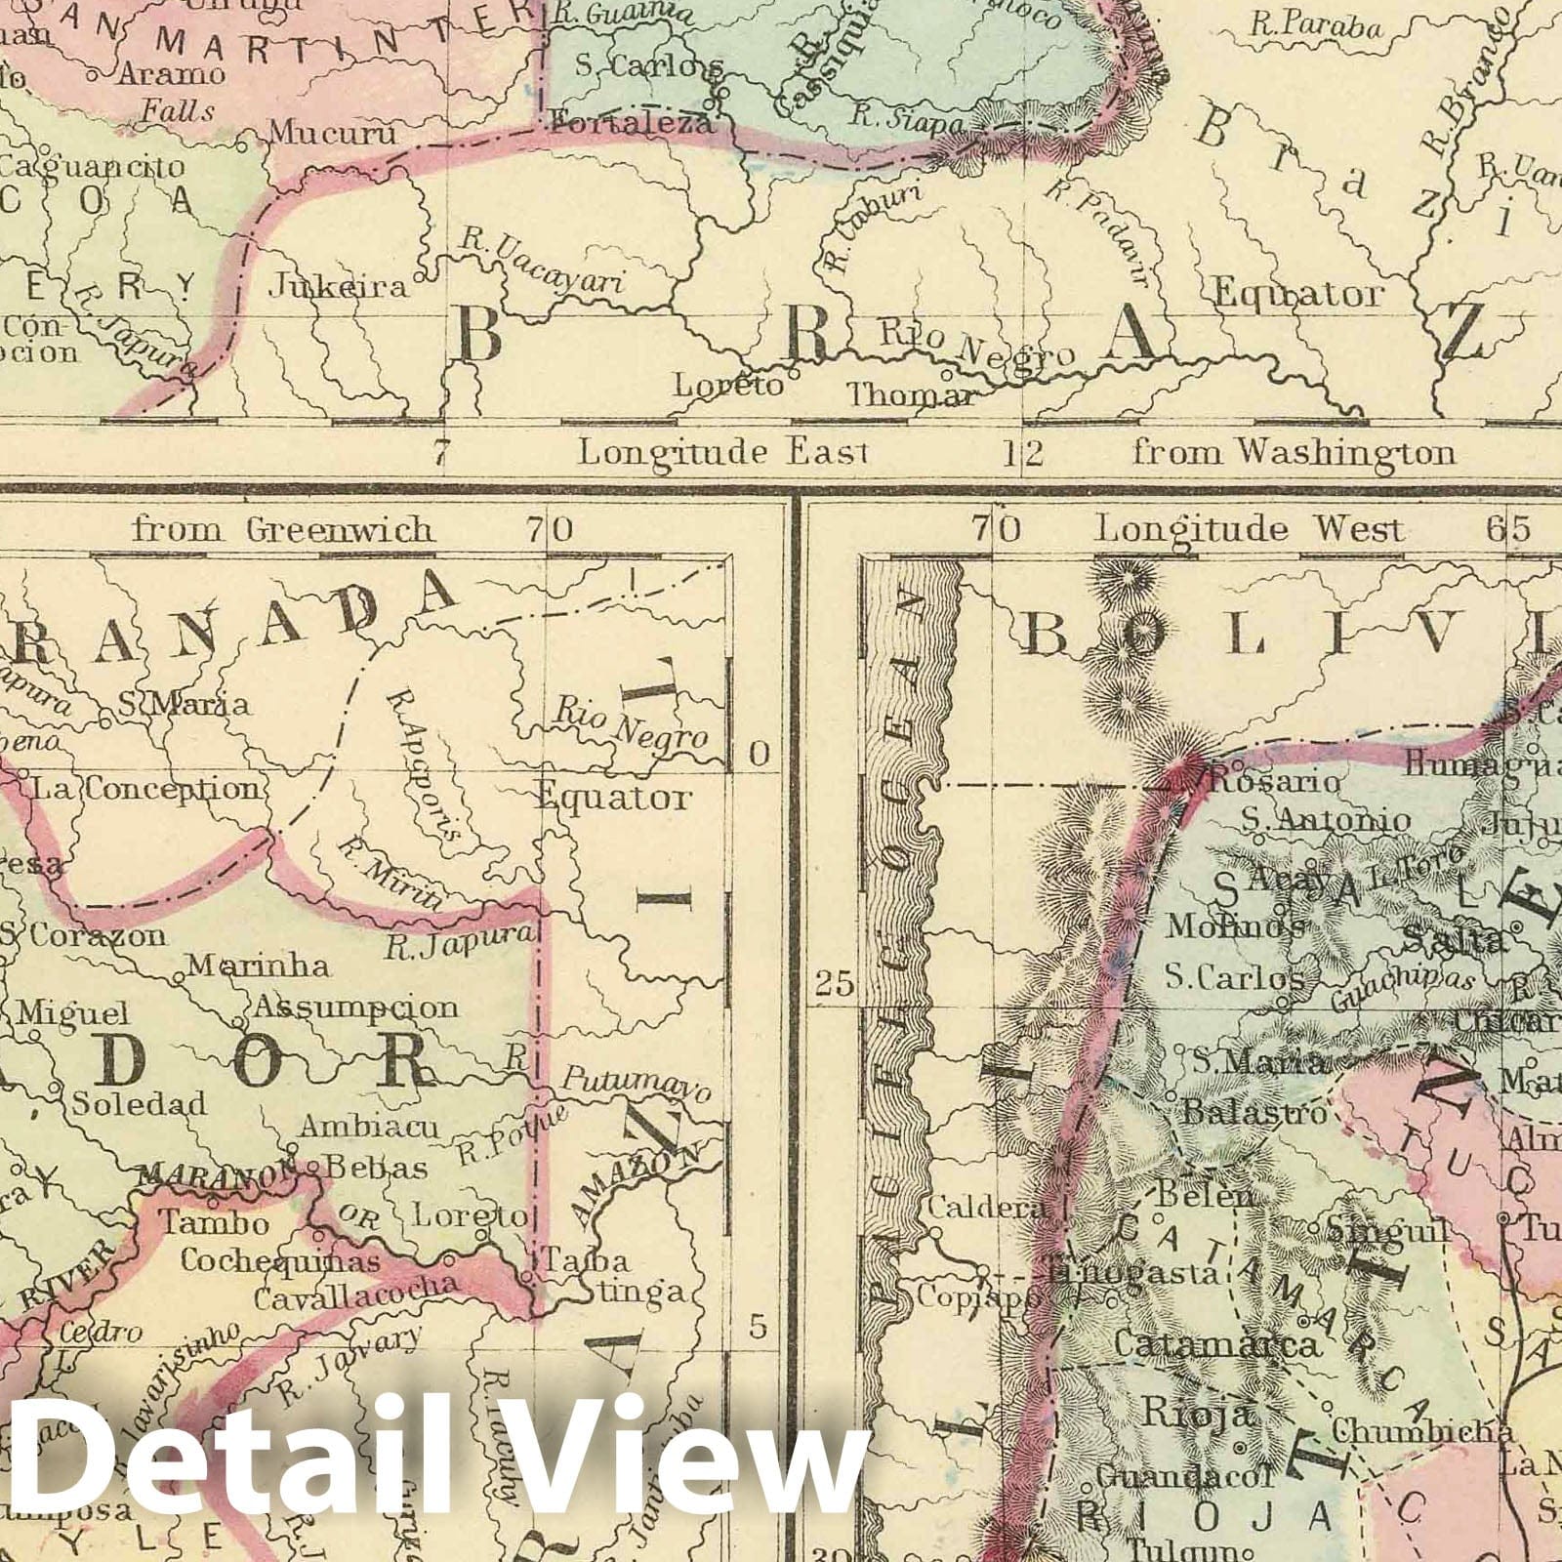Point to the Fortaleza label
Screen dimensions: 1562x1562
coord(631,124)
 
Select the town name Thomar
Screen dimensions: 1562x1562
coord(910,395)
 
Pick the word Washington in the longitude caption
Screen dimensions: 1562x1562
coord(1343,452)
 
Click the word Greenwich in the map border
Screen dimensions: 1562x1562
coord(337,530)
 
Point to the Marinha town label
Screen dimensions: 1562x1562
coord(258,966)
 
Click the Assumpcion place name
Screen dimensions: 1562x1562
coord(355,1007)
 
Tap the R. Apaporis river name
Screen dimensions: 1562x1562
coord(423,767)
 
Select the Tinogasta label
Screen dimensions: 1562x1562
coord(1132,1273)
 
